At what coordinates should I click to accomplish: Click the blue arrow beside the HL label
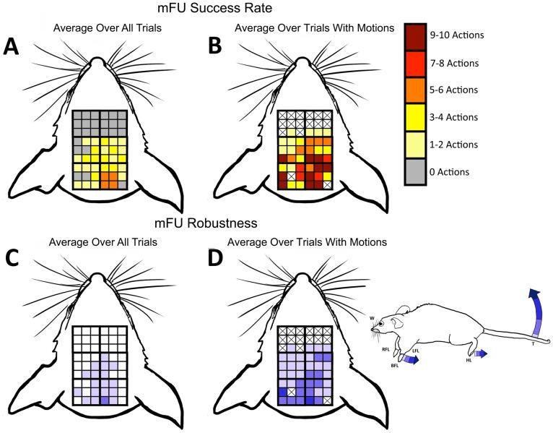(x=481, y=353)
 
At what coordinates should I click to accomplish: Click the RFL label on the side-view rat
(x=386, y=348)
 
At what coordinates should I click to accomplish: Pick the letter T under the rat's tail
(x=533, y=344)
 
